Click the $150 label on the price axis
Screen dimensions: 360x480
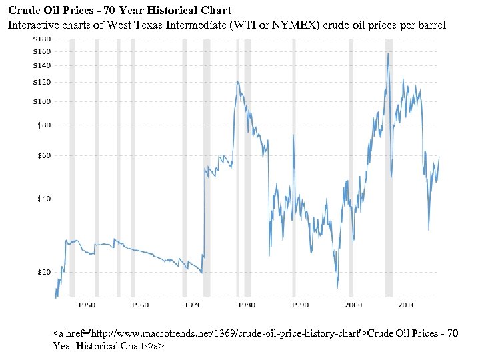point(41,51)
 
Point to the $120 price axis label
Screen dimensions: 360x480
point(41,82)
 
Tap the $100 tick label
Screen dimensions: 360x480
point(41,102)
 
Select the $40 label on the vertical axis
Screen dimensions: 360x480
point(43,199)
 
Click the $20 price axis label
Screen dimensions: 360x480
point(43,272)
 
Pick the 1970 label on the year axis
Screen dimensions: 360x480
point(192,305)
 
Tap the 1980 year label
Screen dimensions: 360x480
point(245,305)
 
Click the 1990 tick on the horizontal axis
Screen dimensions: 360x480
point(299,305)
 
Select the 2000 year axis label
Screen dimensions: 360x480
point(353,305)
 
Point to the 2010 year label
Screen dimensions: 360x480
point(407,305)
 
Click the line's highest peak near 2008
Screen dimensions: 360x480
point(387,53)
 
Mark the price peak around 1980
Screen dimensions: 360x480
point(237,82)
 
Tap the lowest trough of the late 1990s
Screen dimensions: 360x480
point(337,287)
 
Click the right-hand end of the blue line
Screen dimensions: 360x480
point(439,157)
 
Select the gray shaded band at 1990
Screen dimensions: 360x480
point(293,167)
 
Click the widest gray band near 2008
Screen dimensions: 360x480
point(389,167)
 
